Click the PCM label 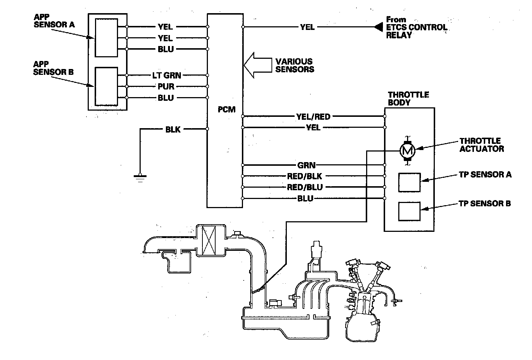(x=227, y=109)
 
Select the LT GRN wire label (x=167, y=76)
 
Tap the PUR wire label (x=166, y=87)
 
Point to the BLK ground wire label (x=173, y=129)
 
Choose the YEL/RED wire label (x=313, y=116)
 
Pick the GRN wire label (x=307, y=165)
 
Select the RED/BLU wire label (x=305, y=187)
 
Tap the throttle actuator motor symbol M (x=407, y=149)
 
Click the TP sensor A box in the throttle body (x=409, y=182)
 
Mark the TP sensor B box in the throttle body (x=409, y=211)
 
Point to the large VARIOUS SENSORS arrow (x=257, y=65)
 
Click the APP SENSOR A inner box (x=106, y=37)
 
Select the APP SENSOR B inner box (x=106, y=86)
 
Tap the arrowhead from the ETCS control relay (x=379, y=27)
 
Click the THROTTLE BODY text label (x=408, y=98)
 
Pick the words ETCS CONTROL (x=417, y=27)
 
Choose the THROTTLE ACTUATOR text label (x=482, y=145)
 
